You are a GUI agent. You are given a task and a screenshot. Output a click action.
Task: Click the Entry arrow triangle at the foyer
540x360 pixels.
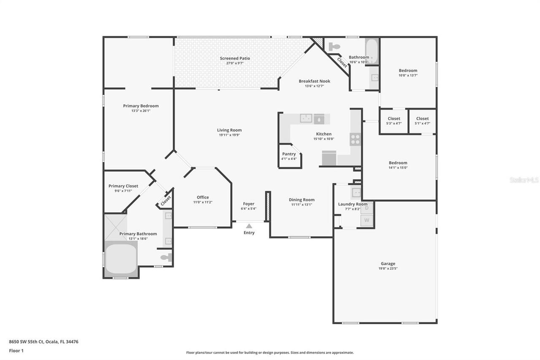[x=249, y=225]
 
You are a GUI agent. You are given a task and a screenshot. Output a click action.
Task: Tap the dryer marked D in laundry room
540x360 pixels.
[x=367, y=208]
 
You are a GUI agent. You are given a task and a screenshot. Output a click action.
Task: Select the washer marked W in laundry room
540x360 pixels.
[x=367, y=220]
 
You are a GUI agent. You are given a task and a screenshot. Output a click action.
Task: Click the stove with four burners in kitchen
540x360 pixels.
[x=355, y=139]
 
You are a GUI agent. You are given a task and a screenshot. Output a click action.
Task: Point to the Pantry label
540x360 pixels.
[x=289, y=154]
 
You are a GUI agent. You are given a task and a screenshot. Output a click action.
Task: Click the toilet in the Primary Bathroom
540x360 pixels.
[x=166, y=257]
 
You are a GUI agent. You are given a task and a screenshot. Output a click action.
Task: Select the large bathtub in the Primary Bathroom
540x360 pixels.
[x=121, y=259]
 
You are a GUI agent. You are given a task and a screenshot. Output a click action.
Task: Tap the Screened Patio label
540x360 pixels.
[x=235, y=58]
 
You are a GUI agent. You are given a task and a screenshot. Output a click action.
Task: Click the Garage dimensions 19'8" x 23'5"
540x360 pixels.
[x=389, y=268]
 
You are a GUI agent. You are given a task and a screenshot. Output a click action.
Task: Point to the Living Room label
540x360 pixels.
[x=229, y=130]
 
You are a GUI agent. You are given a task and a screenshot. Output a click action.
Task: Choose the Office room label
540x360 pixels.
[x=202, y=197]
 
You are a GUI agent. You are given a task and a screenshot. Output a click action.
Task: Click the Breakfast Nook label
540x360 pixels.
[x=314, y=81]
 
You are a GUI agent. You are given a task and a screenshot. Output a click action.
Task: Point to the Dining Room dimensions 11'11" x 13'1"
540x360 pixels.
[x=302, y=205]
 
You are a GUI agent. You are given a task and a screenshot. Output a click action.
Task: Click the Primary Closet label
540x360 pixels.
[x=123, y=186]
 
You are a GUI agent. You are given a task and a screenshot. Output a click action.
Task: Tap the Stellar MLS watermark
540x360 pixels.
[x=524, y=180]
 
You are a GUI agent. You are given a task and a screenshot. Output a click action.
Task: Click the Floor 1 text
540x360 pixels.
[x=16, y=351]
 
